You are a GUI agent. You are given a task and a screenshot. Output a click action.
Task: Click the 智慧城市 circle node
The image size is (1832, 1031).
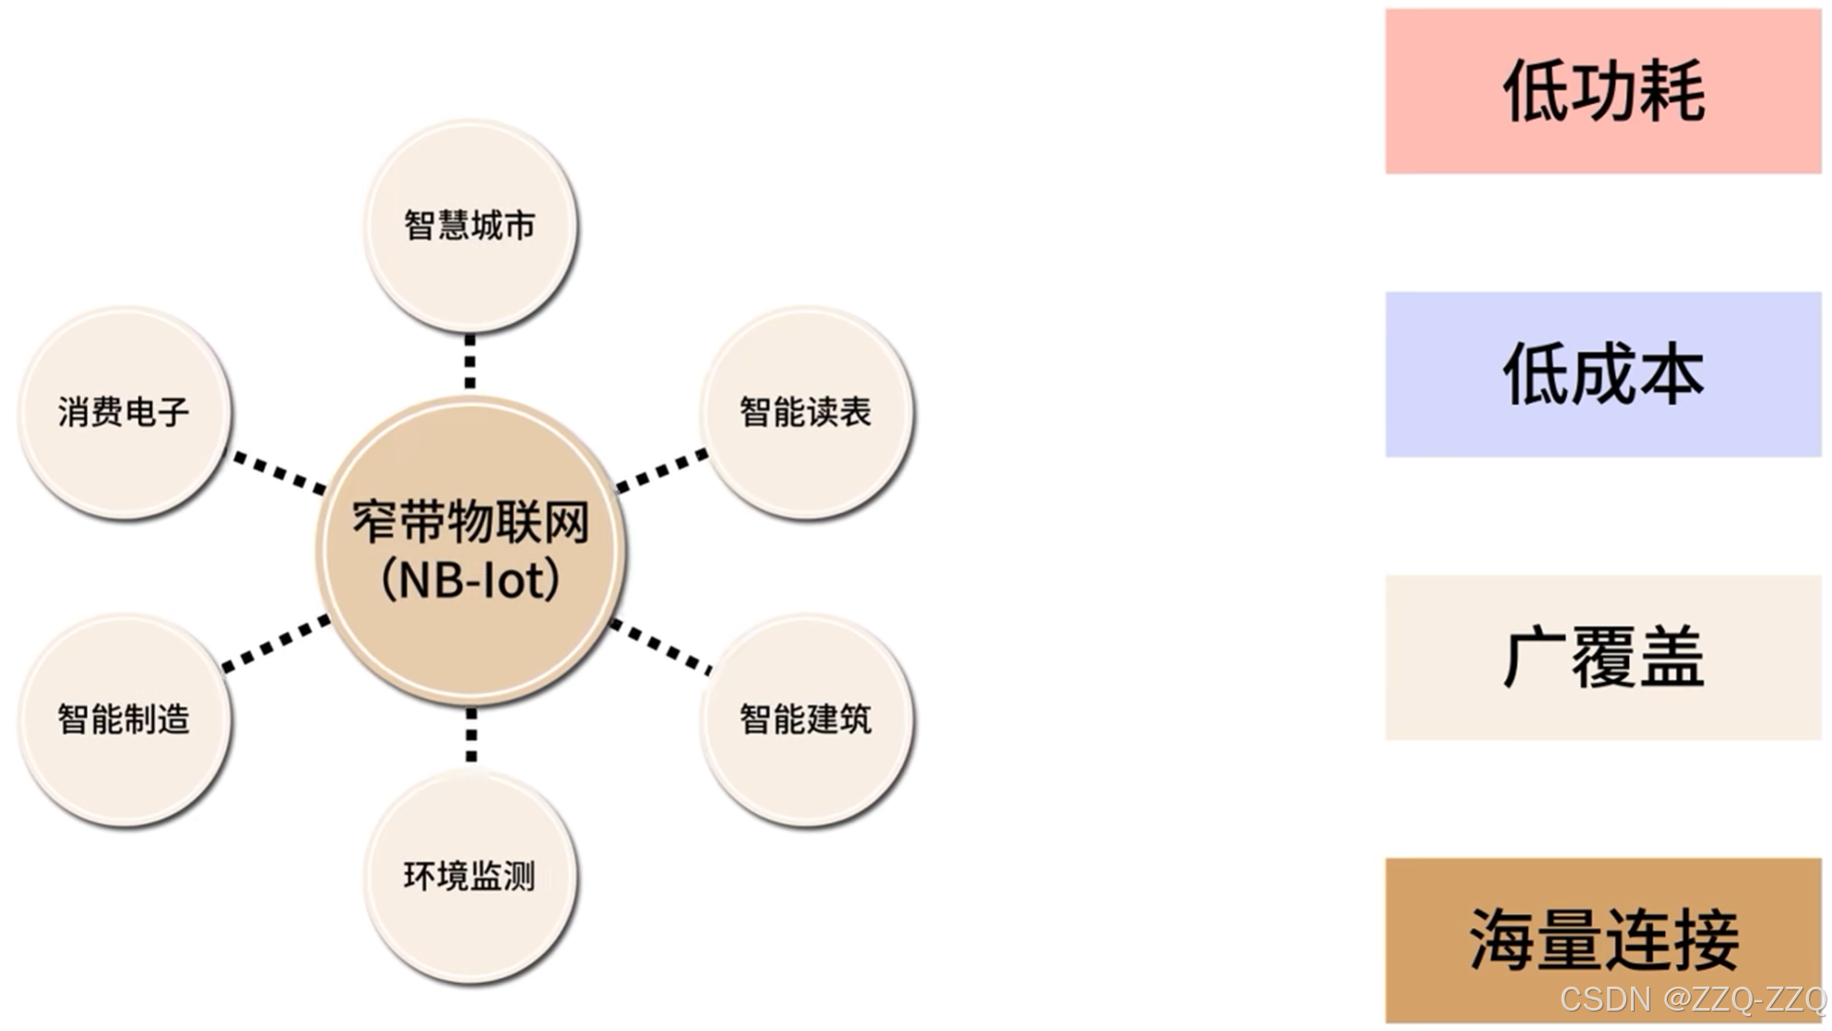[470, 225]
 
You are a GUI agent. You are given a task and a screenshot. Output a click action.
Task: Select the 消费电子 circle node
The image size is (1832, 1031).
[124, 412]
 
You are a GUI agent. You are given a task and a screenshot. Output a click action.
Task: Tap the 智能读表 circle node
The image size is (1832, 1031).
[806, 412]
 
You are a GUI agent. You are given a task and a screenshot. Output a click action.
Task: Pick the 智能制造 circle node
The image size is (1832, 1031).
[124, 719]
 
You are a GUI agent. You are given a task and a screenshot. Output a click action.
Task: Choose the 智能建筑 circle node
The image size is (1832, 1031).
[806, 719]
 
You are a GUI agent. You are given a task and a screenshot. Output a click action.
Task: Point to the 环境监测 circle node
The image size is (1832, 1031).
[470, 876]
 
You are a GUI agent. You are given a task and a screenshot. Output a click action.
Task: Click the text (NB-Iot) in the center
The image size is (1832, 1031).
[470, 581]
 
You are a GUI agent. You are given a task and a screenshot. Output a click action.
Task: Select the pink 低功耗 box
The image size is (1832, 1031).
[1603, 91]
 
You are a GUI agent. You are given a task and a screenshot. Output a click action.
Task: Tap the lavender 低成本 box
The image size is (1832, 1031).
[1603, 374]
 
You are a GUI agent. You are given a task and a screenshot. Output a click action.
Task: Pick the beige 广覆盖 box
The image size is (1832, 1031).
[1603, 657]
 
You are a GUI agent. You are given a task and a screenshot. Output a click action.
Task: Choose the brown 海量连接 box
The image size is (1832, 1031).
[1603, 940]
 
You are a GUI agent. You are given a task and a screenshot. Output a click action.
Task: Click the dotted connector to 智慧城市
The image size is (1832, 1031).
[470, 362]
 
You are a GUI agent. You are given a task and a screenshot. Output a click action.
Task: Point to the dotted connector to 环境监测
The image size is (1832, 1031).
[471, 736]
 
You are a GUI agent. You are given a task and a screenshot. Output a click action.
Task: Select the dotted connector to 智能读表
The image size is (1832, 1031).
[661, 471]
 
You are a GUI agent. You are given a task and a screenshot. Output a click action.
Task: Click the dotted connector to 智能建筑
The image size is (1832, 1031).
[661, 645]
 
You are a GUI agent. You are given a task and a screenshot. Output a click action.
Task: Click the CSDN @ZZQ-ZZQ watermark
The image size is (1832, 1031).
[1692, 999]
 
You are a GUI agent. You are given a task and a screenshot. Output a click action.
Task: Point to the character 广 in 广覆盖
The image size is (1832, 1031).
[1533, 658]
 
